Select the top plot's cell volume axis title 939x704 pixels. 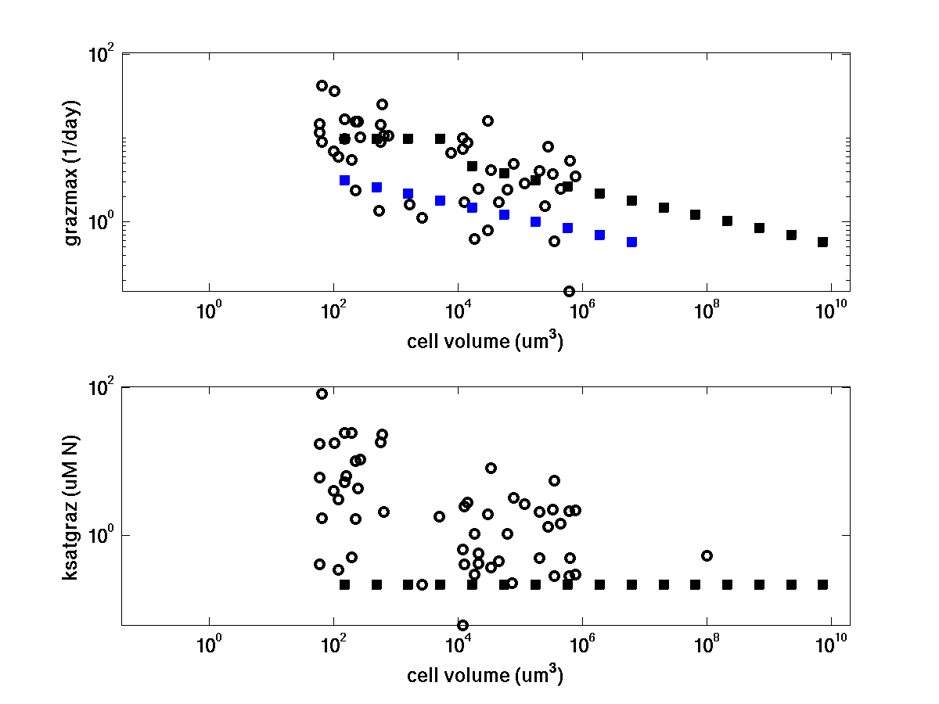tap(485, 342)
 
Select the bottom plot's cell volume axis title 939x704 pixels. tap(485, 675)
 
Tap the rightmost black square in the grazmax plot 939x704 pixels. tap(822, 242)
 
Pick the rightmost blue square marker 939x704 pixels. tap(631, 242)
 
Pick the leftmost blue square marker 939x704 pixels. tap(344, 180)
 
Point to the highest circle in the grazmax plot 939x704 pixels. tap(322, 85)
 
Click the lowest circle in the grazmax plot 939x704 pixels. tap(569, 291)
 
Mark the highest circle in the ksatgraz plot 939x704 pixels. tap(322, 393)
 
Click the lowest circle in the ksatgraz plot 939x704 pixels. tap(462, 625)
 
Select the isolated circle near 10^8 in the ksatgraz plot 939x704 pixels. tap(707, 555)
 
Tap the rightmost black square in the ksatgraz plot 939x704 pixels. tap(822, 584)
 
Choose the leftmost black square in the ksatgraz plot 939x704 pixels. tap(344, 584)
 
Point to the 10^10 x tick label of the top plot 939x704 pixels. tap(830, 311)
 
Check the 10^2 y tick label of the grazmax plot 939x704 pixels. tap(100, 56)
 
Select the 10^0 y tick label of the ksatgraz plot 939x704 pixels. tap(100, 537)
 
